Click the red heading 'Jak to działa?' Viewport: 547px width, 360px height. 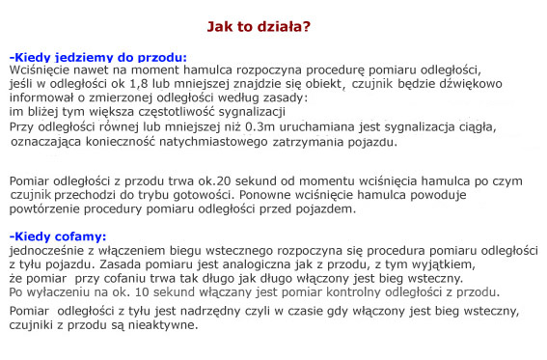tap(259, 26)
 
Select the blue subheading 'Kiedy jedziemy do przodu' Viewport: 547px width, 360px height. tap(99, 56)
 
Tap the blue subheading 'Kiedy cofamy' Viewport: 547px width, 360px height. tap(59, 235)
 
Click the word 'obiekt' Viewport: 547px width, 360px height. tap(331, 83)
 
